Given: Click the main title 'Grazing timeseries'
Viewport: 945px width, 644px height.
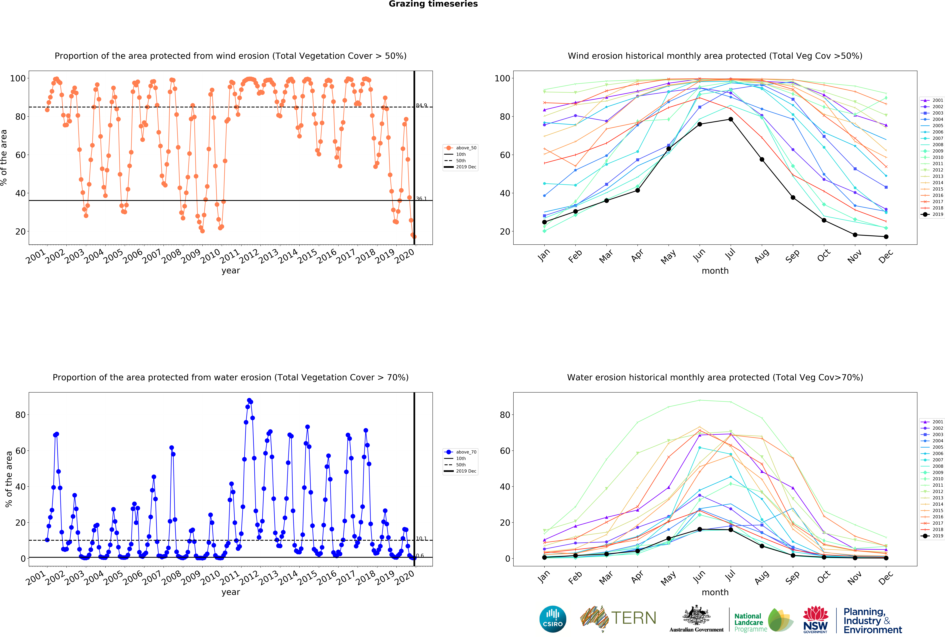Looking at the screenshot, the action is point(433,4).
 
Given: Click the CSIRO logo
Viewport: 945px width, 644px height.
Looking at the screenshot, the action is point(553,619).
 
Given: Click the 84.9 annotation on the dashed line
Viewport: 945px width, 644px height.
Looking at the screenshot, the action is point(421,105).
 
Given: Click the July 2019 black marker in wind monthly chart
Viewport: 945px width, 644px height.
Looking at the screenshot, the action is point(731,119).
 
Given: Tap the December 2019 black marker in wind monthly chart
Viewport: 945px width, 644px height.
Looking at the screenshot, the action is point(886,237).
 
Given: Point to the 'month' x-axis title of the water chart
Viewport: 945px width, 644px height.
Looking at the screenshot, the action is point(715,592).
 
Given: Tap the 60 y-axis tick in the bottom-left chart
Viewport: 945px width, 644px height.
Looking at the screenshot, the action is point(20,451).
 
